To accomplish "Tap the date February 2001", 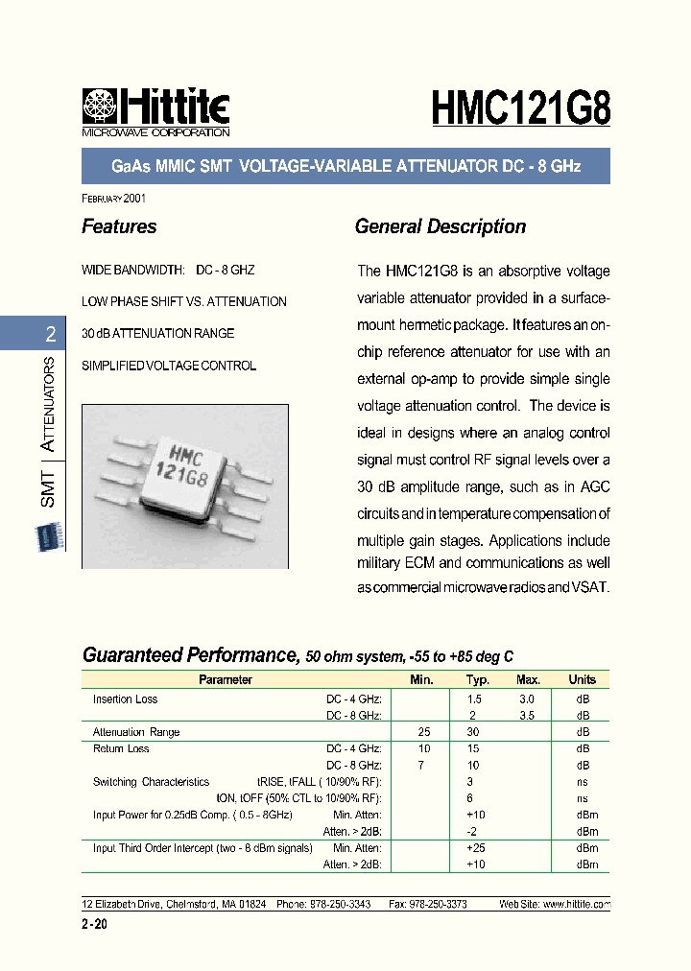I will [x=114, y=198].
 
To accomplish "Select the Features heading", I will [x=119, y=227].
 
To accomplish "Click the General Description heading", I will [x=440, y=227].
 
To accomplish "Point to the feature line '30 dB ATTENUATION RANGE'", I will [x=158, y=334].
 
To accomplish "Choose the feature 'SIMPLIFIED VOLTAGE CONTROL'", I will [x=169, y=366].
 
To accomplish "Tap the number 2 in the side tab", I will [x=50, y=335].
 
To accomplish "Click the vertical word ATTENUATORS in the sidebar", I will [x=48, y=407].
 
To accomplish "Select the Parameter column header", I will [x=225, y=679].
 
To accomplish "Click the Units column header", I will [x=582, y=679].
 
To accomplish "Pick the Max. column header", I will [x=528, y=679].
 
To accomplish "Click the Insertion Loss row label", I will [x=125, y=699].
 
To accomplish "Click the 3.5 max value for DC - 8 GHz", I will [x=527, y=716].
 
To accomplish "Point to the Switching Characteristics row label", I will [x=151, y=782].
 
